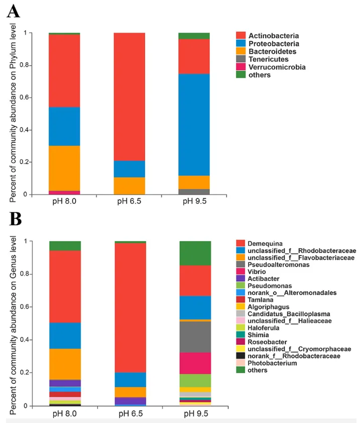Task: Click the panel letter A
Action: (x=13, y=12)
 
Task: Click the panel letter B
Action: (x=16, y=219)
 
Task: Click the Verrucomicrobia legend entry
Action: (x=271, y=67)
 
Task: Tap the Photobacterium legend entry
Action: (x=267, y=363)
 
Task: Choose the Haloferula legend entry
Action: (x=258, y=328)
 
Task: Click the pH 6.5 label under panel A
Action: (x=129, y=201)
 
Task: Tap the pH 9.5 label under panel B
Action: (x=196, y=414)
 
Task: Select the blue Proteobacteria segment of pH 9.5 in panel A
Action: (x=194, y=125)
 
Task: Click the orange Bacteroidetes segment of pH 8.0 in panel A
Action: (x=64, y=168)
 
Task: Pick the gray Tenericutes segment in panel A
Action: (x=194, y=191)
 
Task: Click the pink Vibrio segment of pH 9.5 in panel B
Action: (x=195, y=363)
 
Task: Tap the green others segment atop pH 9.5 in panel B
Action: (x=195, y=253)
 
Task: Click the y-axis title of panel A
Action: (x=13, y=113)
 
